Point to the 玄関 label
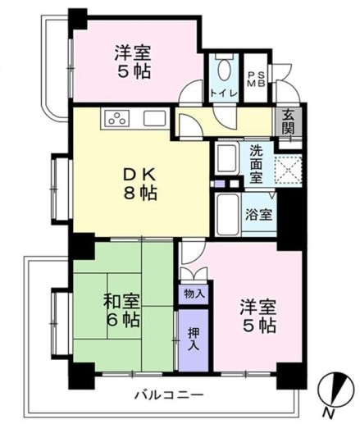[x=289, y=124]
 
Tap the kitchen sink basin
[x=154, y=118]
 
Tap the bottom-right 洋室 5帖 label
[x=256, y=317]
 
